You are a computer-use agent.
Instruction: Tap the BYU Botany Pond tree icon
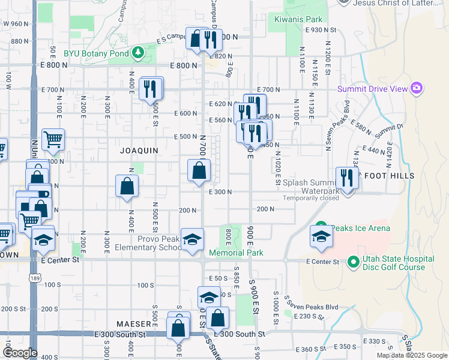[139, 53]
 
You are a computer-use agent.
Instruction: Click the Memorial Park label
[236, 253]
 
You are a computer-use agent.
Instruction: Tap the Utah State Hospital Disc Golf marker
[354, 262]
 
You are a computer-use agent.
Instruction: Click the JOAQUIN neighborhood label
[139, 150]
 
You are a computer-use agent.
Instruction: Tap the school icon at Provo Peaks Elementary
[191, 239]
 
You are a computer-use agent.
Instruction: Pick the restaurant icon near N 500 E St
[150, 89]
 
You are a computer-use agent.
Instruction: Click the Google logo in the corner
[20, 352]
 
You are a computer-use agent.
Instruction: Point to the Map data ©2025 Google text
[412, 355]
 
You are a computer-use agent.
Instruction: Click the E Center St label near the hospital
[322, 262]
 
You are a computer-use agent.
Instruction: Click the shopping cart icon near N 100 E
[53, 140]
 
